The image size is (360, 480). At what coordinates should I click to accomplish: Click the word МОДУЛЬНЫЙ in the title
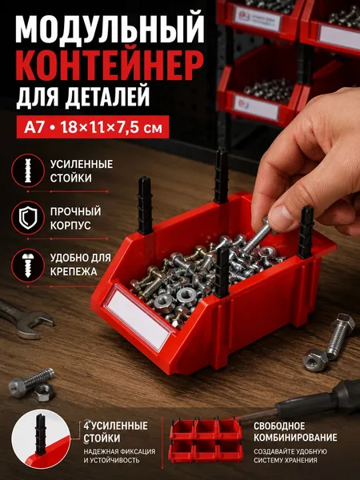click(x=110, y=28)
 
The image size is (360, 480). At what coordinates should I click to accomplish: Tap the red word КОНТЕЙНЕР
click(x=110, y=66)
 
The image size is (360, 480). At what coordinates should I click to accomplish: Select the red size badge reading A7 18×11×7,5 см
click(x=93, y=127)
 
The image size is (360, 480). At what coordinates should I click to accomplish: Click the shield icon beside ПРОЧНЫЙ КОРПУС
click(x=28, y=218)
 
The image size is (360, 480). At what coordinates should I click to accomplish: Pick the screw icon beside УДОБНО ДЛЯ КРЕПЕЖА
click(x=28, y=265)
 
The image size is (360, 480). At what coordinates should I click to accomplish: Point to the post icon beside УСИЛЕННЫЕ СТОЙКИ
click(x=28, y=170)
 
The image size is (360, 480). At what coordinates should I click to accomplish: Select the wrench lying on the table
click(x=25, y=318)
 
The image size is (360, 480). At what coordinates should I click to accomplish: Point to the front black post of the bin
click(x=222, y=273)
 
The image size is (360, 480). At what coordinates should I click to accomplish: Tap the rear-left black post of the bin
click(x=144, y=206)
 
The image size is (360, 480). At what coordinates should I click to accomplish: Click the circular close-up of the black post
click(x=41, y=438)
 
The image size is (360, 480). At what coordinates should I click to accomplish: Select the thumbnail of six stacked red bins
click(x=206, y=440)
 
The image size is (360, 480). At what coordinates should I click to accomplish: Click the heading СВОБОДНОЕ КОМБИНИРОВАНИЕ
click(x=295, y=432)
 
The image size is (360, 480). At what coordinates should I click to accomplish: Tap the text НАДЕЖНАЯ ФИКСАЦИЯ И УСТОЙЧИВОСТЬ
click(x=119, y=456)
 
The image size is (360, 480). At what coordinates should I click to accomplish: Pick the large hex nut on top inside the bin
click(x=186, y=295)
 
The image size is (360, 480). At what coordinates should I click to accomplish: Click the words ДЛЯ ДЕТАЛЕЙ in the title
click(x=83, y=97)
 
